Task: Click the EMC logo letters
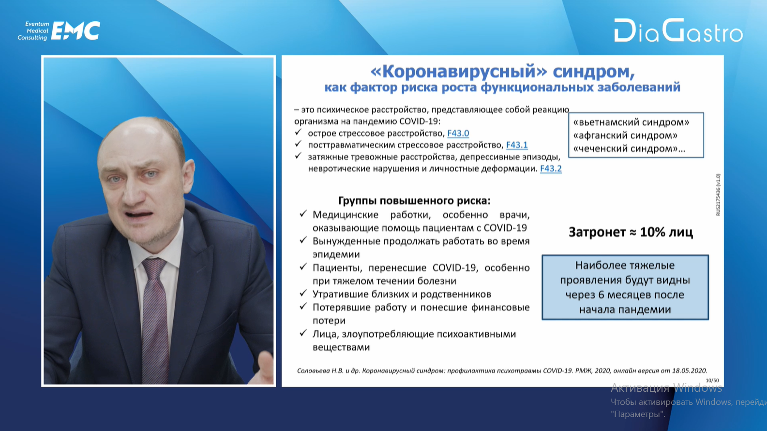tap(75, 31)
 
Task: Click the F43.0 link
tap(458, 133)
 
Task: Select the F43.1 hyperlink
tap(517, 145)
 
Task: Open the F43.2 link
tap(551, 168)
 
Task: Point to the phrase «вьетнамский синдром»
tap(631, 122)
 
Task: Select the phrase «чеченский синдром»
tap(625, 149)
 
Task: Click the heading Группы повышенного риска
tap(414, 201)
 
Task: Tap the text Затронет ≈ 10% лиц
tap(631, 232)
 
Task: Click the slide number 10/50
tap(712, 380)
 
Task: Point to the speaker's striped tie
tap(155, 318)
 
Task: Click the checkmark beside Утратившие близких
tap(303, 294)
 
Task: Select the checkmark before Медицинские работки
tap(303, 214)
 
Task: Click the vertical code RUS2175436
tap(718, 194)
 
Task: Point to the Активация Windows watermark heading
tap(666, 388)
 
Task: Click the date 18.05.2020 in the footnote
tap(689, 371)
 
